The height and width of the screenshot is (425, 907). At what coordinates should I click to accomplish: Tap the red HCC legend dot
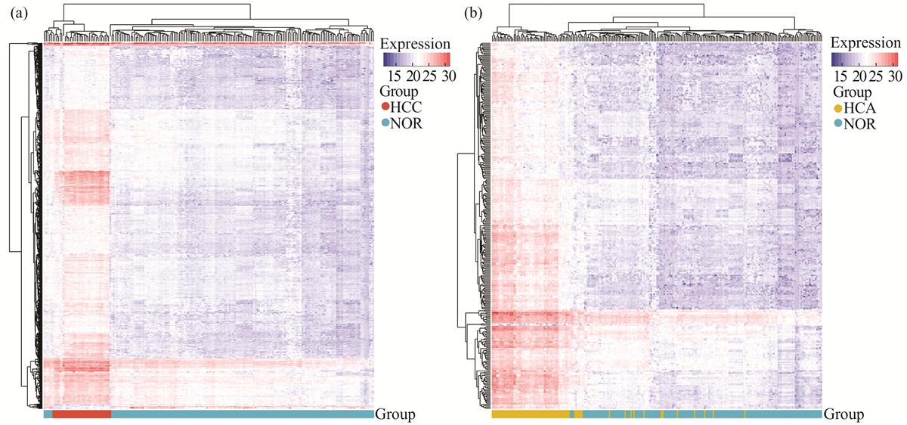pos(385,107)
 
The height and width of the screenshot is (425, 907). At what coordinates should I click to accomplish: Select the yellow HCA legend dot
pos(837,109)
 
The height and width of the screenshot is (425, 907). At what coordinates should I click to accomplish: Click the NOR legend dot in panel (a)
pos(385,123)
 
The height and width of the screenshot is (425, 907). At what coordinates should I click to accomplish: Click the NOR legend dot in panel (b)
pos(837,124)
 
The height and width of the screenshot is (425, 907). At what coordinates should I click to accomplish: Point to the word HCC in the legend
pos(406,107)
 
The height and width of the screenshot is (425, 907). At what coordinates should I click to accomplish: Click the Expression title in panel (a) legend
pos(415,44)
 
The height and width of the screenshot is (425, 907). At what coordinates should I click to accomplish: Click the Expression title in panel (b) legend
pos(865,42)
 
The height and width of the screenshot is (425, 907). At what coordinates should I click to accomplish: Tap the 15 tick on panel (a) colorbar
pos(394,76)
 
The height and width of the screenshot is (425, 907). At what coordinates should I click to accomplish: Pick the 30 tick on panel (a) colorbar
pos(449,76)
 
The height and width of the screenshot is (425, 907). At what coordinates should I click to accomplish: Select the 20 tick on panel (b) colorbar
pos(859,76)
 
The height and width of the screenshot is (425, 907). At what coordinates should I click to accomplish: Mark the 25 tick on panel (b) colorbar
pos(876,76)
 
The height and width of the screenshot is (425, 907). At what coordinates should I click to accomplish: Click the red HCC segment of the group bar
pos(82,414)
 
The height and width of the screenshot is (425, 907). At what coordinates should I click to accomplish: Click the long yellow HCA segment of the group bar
pos(531,414)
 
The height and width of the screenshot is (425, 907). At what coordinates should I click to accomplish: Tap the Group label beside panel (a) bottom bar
pos(395,414)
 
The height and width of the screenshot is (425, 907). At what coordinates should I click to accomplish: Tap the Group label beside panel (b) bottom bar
pos(844,414)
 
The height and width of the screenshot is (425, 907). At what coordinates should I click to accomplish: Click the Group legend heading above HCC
pos(399,92)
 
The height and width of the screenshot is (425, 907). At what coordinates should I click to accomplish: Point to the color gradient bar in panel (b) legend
pos(865,60)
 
